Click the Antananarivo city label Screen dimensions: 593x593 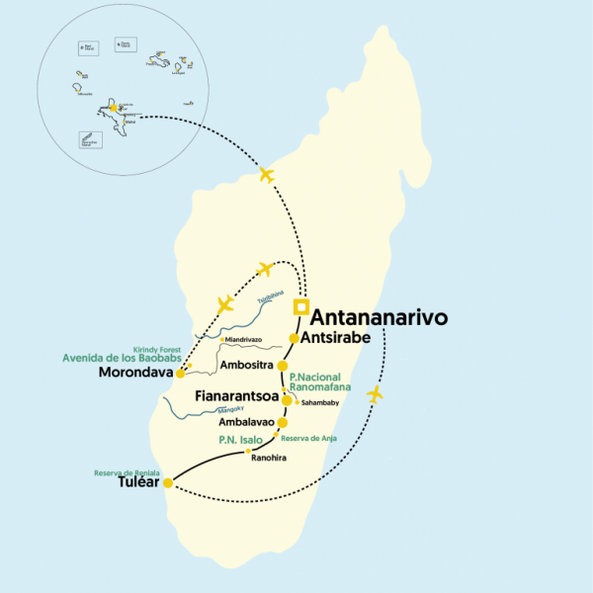(x=380, y=318)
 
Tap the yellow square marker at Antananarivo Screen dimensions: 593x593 (x=301, y=305)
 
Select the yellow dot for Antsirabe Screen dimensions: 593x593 (x=294, y=338)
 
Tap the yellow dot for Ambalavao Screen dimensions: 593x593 (x=283, y=423)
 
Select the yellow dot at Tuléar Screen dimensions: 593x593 (x=168, y=483)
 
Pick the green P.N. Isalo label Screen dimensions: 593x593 (x=241, y=439)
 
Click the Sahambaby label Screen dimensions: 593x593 (x=320, y=403)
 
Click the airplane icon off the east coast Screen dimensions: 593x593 (x=374, y=394)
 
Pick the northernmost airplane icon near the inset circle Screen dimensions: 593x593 (x=265, y=175)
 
